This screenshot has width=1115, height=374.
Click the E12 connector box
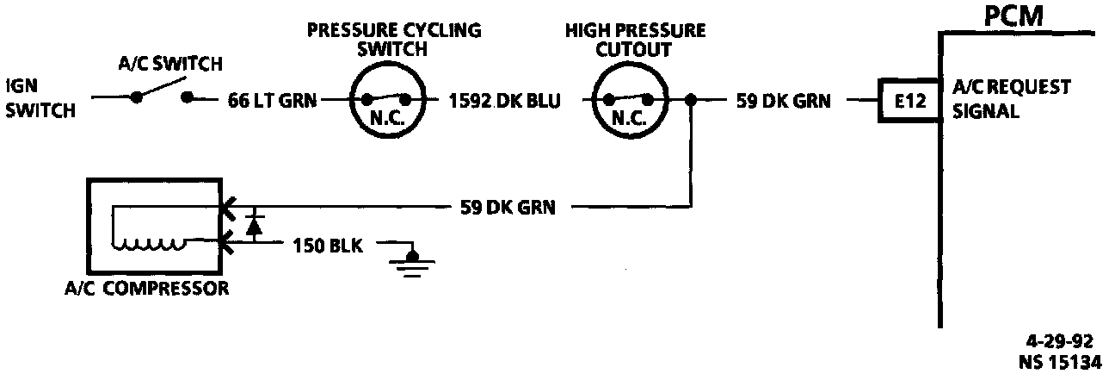[x=908, y=101]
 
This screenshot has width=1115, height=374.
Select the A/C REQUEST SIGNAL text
[x=1012, y=99]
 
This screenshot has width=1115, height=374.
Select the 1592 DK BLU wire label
[x=504, y=101]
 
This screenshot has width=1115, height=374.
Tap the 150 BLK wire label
[x=328, y=246]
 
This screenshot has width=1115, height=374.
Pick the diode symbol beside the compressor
[x=253, y=226]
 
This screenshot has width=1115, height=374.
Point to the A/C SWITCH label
[x=169, y=64]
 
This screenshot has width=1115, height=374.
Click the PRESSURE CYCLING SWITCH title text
[x=394, y=40]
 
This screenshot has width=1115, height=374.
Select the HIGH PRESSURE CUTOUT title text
[x=635, y=40]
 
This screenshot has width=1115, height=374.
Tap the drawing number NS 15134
[x=1062, y=362]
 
